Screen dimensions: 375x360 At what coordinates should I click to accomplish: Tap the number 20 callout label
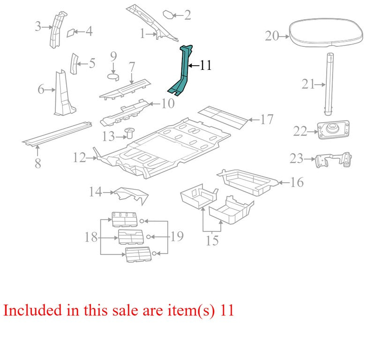[x=272, y=36]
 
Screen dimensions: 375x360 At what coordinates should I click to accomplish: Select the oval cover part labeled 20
[x=326, y=32]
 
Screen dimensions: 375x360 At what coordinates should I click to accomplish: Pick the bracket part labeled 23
[x=333, y=160]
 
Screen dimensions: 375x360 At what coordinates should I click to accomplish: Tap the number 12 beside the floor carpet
[x=79, y=158]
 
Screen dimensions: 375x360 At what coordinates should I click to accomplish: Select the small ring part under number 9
[x=113, y=77]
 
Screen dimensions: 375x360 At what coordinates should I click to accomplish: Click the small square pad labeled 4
[x=71, y=33]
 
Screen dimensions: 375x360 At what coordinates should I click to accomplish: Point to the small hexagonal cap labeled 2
[x=168, y=15]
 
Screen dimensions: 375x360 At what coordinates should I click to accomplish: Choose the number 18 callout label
[x=91, y=237]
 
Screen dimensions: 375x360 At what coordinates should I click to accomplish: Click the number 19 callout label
[x=177, y=236]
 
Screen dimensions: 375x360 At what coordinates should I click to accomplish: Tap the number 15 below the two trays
[x=212, y=240]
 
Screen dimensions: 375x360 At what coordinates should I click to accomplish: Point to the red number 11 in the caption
[x=227, y=310]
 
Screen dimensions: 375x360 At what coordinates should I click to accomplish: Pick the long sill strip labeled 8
[x=57, y=134]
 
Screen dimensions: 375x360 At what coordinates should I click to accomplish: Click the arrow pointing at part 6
[x=50, y=90]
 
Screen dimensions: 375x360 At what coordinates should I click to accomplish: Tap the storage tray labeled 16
[x=247, y=182]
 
